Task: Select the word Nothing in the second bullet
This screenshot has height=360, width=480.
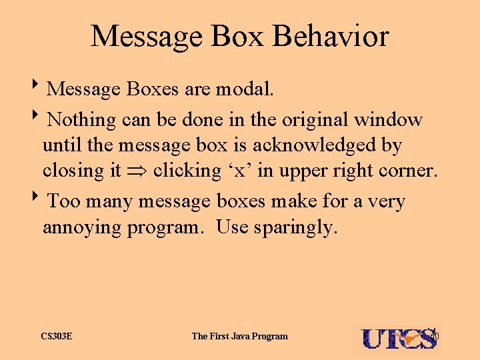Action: (x=82, y=119)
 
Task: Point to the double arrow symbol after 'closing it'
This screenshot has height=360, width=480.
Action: (x=137, y=171)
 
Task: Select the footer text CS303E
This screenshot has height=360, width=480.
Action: (x=57, y=336)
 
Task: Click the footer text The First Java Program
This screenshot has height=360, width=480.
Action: (x=239, y=336)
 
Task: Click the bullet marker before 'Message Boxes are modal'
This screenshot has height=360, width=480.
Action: (x=42, y=86)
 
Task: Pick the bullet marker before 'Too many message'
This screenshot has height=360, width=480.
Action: (x=42, y=199)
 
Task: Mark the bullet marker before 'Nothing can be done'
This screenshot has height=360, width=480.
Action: (x=42, y=117)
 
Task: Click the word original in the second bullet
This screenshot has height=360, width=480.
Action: (x=315, y=119)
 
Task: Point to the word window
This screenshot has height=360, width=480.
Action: (x=389, y=119)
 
